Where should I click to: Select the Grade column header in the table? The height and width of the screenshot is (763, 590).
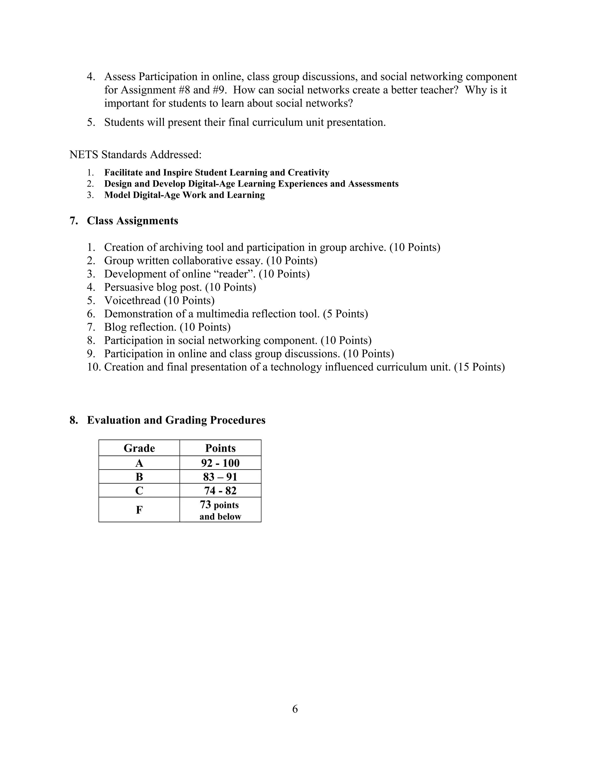click(x=139, y=448)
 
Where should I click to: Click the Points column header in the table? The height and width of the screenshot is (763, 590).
click(x=220, y=448)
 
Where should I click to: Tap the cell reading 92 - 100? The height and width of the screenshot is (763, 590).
click(x=220, y=463)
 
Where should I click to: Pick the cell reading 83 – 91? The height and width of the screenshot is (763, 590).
click(x=220, y=477)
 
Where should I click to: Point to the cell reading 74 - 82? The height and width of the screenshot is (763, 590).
click(x=220, y=491)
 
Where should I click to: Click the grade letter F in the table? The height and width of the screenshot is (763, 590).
click(x=139, y=510)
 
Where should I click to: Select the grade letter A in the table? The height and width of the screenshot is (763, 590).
click(x=139, y=463)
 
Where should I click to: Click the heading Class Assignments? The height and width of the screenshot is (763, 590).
click(x=132, y=221)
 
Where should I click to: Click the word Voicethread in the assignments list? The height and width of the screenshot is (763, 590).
click(x=132, y=300)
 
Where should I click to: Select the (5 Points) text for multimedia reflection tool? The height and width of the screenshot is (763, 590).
click(x=345, y=314)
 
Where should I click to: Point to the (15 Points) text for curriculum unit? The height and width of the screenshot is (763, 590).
click(x=479, y=367)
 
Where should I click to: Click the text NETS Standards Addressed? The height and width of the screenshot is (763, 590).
click(x=136, y=154)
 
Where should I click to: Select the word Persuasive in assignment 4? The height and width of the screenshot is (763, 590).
click(x=128, y=287)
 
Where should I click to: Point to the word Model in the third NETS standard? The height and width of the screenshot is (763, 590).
click(x=118, y=195)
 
